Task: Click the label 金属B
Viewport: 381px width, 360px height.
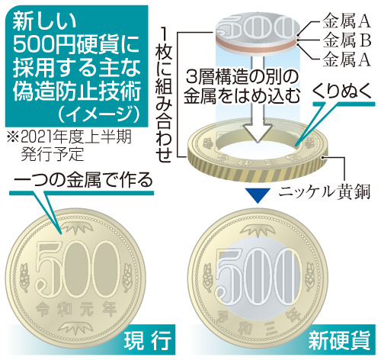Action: click(x=347, y=40)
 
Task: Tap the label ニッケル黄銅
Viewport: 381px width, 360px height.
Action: click(x=324, y=192)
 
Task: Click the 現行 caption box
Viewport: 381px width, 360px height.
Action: click(x=149, y=340)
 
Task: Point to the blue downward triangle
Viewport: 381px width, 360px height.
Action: click(x=258, y=195)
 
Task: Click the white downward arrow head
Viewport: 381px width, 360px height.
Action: click(x=258, y=132)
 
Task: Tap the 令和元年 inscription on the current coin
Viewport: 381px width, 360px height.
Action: click(x=76, y=309)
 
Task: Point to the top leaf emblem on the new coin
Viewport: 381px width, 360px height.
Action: click(x=258, y=231)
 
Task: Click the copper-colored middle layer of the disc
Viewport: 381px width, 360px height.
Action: click(x=257, y=45)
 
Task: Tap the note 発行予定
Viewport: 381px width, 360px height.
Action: click(x=53, y=153)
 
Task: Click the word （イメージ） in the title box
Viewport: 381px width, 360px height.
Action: click(x=98, y=115)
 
